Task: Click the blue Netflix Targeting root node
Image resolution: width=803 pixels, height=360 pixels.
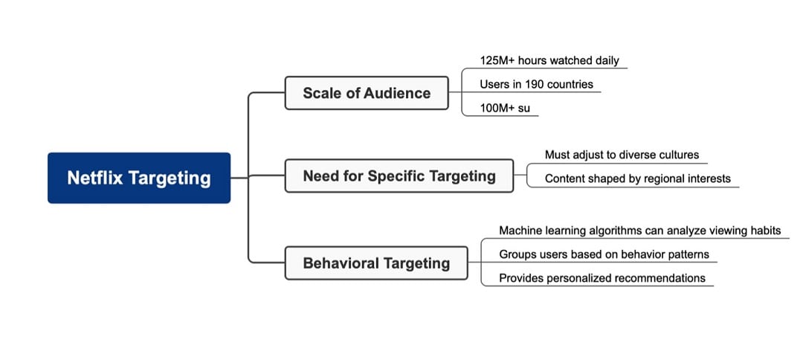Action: [139, 178]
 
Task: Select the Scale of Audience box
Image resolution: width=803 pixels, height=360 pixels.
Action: [367, 93]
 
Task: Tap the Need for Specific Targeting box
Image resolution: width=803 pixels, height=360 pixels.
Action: [399, 176]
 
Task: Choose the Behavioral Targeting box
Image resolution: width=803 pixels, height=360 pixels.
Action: [376, 263]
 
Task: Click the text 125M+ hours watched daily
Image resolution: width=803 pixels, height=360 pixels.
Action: [549, 60]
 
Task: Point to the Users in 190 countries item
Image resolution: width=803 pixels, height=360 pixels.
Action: [536, 84]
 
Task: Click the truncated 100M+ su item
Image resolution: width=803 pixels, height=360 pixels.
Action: [505, 109]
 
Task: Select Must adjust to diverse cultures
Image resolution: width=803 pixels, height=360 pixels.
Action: [622, 155]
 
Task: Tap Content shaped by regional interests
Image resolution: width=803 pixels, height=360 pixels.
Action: [637, 179]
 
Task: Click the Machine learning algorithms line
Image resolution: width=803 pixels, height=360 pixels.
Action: [639, 231]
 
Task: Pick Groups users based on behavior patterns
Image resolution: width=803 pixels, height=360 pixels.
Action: [604, 254]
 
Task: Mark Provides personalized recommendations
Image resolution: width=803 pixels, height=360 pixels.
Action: [602, 278]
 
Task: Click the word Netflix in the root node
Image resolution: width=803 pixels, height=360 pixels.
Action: [94, 178]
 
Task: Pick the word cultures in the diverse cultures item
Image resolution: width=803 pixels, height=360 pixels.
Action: [678, 155]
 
